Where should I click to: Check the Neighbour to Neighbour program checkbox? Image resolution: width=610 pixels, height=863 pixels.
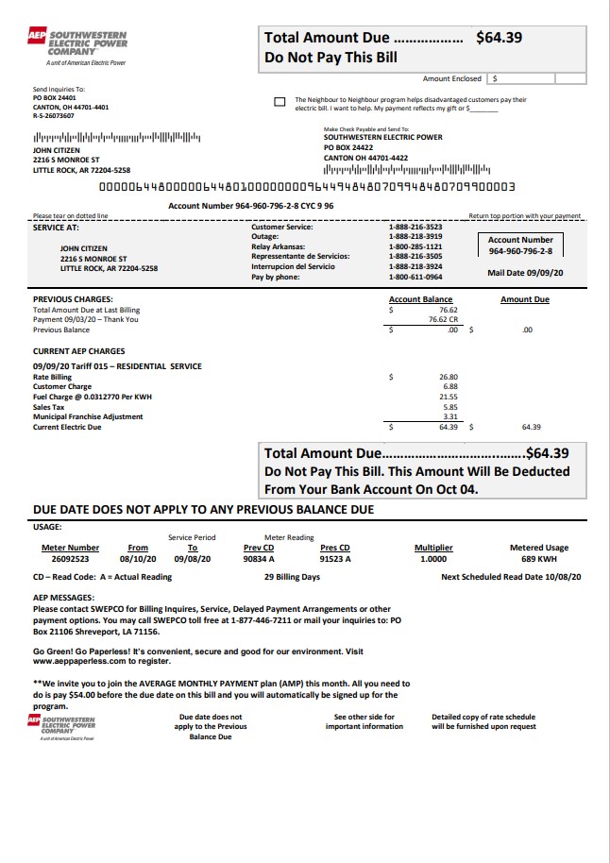click(x=279, y=102)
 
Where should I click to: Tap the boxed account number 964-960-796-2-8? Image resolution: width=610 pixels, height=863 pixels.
click(x=520, y=251)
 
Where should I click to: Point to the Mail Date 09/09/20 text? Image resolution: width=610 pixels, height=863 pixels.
click(x=525, y=272)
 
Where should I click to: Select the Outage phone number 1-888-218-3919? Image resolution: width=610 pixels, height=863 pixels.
click(x=415, y=236)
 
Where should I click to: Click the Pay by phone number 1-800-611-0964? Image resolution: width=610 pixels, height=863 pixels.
click(x=415, y=277)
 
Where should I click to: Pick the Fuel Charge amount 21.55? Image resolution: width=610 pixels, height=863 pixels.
click(x=449, y=397)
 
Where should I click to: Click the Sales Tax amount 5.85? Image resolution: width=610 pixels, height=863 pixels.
click(x=449, y=407)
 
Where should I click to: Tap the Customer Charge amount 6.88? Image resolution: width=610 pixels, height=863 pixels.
click(x=449, y=386)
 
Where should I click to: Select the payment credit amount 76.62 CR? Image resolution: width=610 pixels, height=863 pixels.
click(x=443, y=319)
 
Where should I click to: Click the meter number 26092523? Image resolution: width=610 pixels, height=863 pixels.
click(x=70, y=558)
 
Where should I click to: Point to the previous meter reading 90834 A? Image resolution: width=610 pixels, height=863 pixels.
click(x=258, y=558)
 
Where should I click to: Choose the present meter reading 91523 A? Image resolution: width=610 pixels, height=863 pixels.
click(x=335, y=558)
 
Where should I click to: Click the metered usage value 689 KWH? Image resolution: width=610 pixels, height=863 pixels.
click(x=538, y=558)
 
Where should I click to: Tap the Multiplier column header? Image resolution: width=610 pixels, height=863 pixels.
click(x=433, y=548)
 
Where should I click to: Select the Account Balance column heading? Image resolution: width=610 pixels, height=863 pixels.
click(x=420, y=299)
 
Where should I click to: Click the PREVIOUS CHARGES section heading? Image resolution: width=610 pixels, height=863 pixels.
click(x=73, y=299)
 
